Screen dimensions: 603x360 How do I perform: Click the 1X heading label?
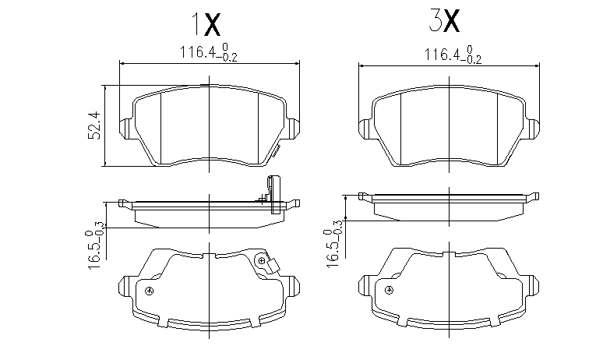pyautogui.click(x=206, y=24)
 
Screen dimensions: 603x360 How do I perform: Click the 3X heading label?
pyautogui.click(x=444, y=21)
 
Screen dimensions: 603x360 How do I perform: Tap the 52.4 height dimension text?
pyautogui.click(x=94, y=125)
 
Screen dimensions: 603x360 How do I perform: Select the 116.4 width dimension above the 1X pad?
pyautogui.click(x=209, y=52)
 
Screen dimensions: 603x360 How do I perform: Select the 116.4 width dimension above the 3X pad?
pyautogui.click(x=453, y=55)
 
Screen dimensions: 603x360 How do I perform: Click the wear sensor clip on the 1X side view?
pyautogui.click(x=273, y=194)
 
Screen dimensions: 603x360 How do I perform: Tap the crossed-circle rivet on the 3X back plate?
pyautogui.click(x=389, y=290)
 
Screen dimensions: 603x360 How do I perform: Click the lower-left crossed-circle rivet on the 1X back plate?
pyautogui.click(x=150, y=291)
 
